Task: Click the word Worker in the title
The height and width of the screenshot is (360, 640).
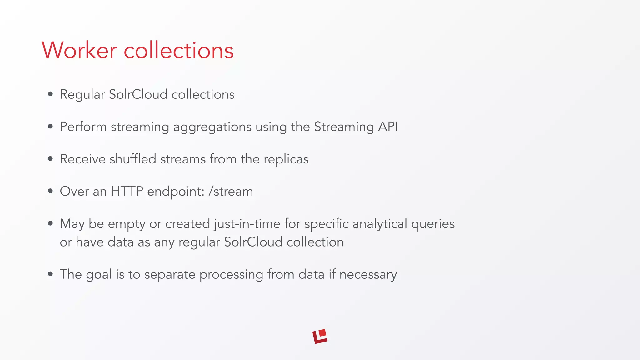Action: pyautogui.click(x=79, y=50)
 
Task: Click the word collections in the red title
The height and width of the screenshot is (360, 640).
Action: pyautogui.click(x=178, y=50)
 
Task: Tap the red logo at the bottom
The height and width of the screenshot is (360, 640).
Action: pyautogui.click(x=320, y=337)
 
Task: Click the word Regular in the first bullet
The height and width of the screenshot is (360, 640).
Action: pyautogui.click(x=82, y=95)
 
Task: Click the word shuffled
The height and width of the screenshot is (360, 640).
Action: pyautogui.click(x=132, y=159)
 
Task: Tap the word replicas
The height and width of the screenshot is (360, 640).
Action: pyautogui.click(x=286, y=159)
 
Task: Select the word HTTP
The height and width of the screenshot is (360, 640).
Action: pyautogui.click(x=127, y=191)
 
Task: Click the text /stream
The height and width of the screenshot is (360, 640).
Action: pyautogui.click(x=231, y=191)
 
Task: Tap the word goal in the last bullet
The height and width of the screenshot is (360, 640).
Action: pyautogui.click(x=98, y=275)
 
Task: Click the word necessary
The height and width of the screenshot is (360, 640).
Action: pyautogui.click(x=368, y=275)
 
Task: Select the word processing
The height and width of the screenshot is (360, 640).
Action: pyautogui.click(x=231, y=275)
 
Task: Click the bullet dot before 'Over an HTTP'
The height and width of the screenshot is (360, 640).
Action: pyautogui.click(x=50, y=191)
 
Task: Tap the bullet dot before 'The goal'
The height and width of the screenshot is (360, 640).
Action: pyautogui.click(x=50, y=274)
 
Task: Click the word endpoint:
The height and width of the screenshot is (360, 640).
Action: pyautogui.click(x=176, y=192)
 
